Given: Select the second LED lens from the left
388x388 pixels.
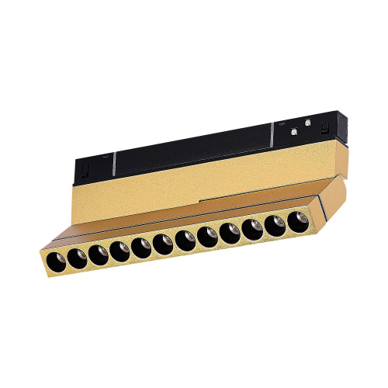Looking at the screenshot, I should click(76, 257).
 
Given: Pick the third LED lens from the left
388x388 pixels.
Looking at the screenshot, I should click(98, 254).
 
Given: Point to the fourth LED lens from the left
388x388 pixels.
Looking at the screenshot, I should click(120, 250).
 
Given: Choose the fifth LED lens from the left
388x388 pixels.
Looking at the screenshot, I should click(142, 246).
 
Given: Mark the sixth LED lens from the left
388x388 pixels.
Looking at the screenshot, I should click(165, 243).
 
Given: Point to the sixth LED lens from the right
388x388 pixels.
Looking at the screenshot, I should click(186, 239).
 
